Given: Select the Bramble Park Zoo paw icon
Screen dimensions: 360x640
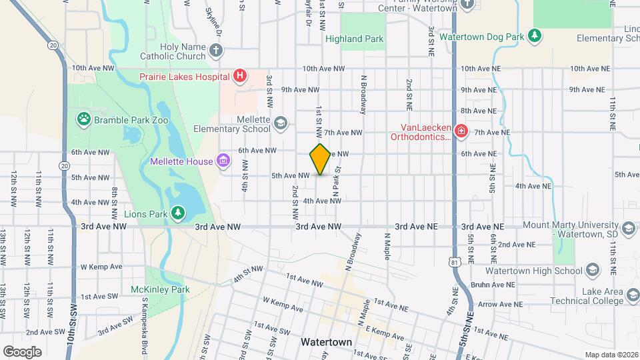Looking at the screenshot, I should tap(84, 119).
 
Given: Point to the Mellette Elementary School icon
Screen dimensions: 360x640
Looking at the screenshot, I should tap(281, 123).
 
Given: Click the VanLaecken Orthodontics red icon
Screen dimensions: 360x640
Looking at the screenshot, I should tap(460, 132).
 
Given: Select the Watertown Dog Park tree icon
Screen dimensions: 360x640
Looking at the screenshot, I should tap(533, 35).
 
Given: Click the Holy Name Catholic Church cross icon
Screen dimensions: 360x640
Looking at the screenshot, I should tap(215, 50).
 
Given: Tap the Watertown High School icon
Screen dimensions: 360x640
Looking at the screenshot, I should tap(592, 270).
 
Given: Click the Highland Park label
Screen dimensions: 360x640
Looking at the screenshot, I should tap(354, 39).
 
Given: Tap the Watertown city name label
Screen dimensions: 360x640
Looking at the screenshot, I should tap(326, 341).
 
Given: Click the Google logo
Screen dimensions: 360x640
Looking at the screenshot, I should tap(22, 351).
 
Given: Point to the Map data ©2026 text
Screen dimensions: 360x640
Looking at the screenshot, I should tap(611, 355).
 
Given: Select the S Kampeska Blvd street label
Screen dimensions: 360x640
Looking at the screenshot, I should tap(144, 327).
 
